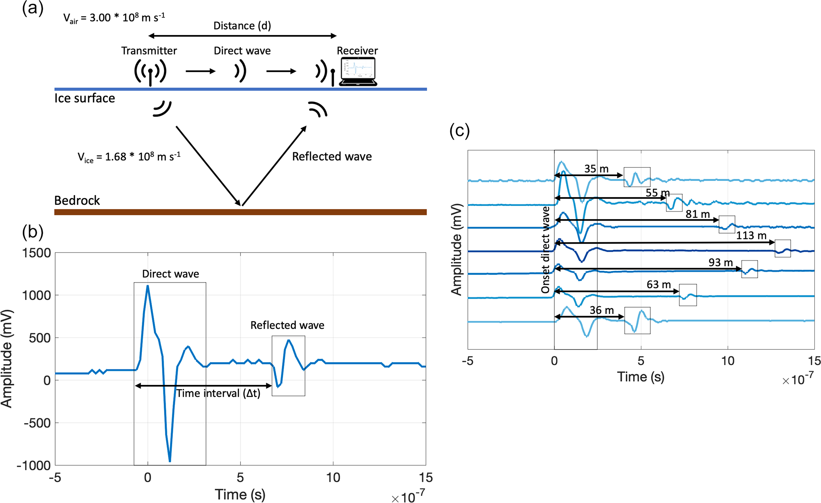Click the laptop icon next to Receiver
pyautogui.click(x=358, y=72)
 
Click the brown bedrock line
pyautogui.click(x=240, y=212)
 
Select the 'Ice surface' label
pyautogui.click(x=85, y=98)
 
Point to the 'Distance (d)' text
pyautogui.click(x=242, y=26)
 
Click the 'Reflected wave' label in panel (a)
pyautogui.click(x=332, y=157)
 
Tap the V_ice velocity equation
pyautogui.click(x=129, y=157)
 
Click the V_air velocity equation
pyautogui.click(x=114, y=18)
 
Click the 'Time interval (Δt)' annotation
pyautogui.click(x=218, y=393)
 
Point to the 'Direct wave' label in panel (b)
pyautogui.click(x=170, y=274)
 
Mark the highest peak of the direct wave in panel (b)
pyautogui.click(x=148, y=285)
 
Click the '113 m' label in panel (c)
pyautogui.click(x=751, y=235)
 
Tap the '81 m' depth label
pyautogui.click(x=697, y=214)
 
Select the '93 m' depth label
pyautogui.click(x=720, y=262)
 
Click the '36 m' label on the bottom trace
pyautogui.click(x=602, y=310)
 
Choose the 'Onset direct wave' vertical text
pyautogui.click(x=546, y=249)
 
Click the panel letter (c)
pyautogui.click(x=459, y=130)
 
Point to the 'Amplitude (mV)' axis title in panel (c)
pyautogui.click(x=457, y=249)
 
